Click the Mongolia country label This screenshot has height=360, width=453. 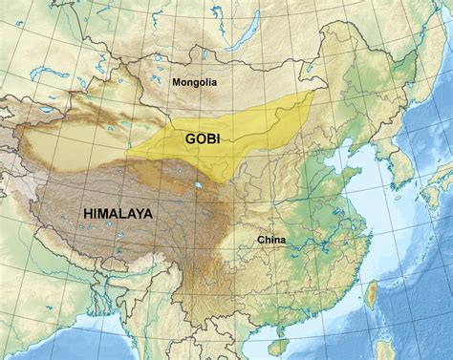(194, 83)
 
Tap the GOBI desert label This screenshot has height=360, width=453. (205, 138)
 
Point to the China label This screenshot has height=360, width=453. (271, 240)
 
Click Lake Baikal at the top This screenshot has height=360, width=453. (240, 40)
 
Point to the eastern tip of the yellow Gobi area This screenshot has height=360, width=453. (313, 94)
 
